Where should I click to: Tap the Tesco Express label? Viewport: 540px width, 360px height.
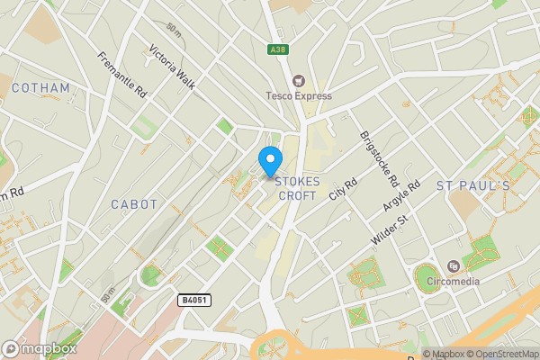point(299,95)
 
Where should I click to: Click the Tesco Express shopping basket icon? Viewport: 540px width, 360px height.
point(299,79)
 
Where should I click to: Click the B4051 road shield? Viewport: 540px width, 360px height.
point(193,299)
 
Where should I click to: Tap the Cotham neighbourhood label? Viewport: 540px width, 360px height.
point(41,88)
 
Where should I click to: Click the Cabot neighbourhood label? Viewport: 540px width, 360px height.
point(133,204)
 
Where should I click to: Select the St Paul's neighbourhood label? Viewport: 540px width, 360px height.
point(472,185)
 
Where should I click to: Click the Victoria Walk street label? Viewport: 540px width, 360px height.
point(173,66)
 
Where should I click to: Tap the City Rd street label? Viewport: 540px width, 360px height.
point(343,188)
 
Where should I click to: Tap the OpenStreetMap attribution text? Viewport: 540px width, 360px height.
point(500,354)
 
